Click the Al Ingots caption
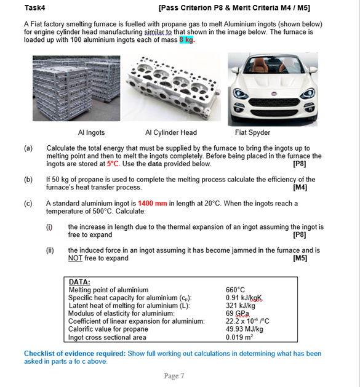pos(91,132)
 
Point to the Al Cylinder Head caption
pos(171,132)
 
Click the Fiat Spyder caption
pos(252,132)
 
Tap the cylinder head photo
pos(170,86)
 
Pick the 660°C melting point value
pos(236,290)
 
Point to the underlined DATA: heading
pos(79,282)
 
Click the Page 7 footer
pos(174,376)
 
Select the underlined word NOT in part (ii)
pos(76,258)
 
